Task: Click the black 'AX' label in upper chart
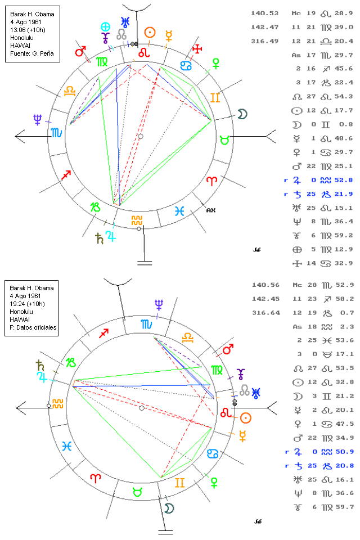point(210,210)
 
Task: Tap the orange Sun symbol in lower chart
point(245,417)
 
